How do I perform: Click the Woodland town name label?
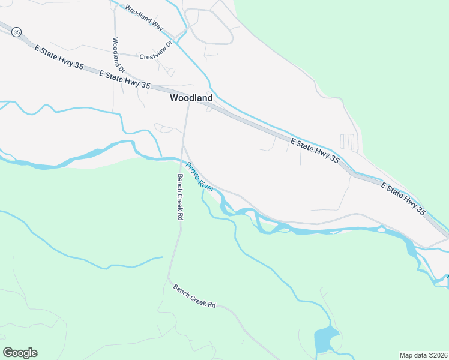(191, 97)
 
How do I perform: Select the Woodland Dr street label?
(118, 55)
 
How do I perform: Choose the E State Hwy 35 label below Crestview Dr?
(124, 80)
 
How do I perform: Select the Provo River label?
(200, 177)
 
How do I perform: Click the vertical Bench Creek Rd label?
(179, 197)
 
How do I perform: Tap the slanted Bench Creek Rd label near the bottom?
(194, 296)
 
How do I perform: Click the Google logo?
(20, 353)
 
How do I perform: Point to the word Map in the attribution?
(406, 355)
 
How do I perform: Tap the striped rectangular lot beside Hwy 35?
(348, 142)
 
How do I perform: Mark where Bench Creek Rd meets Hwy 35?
(189, 100)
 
